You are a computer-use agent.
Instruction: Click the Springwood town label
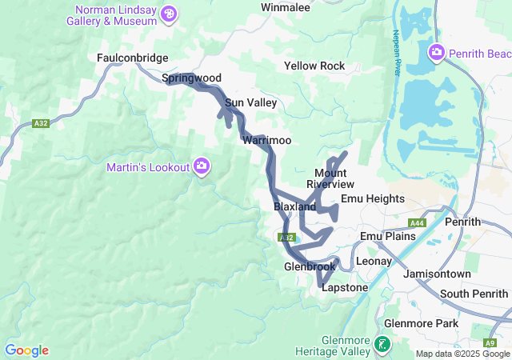191,78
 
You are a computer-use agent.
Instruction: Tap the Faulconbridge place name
132,58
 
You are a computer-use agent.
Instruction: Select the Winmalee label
286,7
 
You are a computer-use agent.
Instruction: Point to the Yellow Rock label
314,66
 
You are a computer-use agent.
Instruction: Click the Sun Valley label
250,102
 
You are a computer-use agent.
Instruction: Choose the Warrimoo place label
266,140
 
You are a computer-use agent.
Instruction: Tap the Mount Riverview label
330,178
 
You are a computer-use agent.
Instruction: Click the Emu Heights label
373,198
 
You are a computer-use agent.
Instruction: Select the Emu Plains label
388,236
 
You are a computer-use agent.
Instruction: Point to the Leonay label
374,261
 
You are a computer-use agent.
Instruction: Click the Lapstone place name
344,287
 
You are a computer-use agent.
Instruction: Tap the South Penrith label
474,294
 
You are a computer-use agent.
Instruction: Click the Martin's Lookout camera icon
202,166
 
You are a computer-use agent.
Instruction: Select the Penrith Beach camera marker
437,54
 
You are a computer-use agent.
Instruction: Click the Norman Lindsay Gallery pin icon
169,14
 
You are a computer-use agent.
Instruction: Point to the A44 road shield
416,224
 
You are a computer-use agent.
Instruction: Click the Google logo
26,350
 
